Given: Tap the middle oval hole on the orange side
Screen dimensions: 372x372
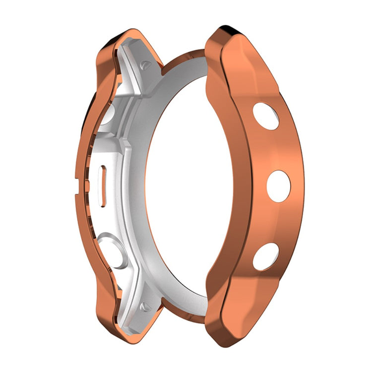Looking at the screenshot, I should point(279,186).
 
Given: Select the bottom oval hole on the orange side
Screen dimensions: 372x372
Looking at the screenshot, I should point(266,256).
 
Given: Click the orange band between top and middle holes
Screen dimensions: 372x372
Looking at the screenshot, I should point(275,151).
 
